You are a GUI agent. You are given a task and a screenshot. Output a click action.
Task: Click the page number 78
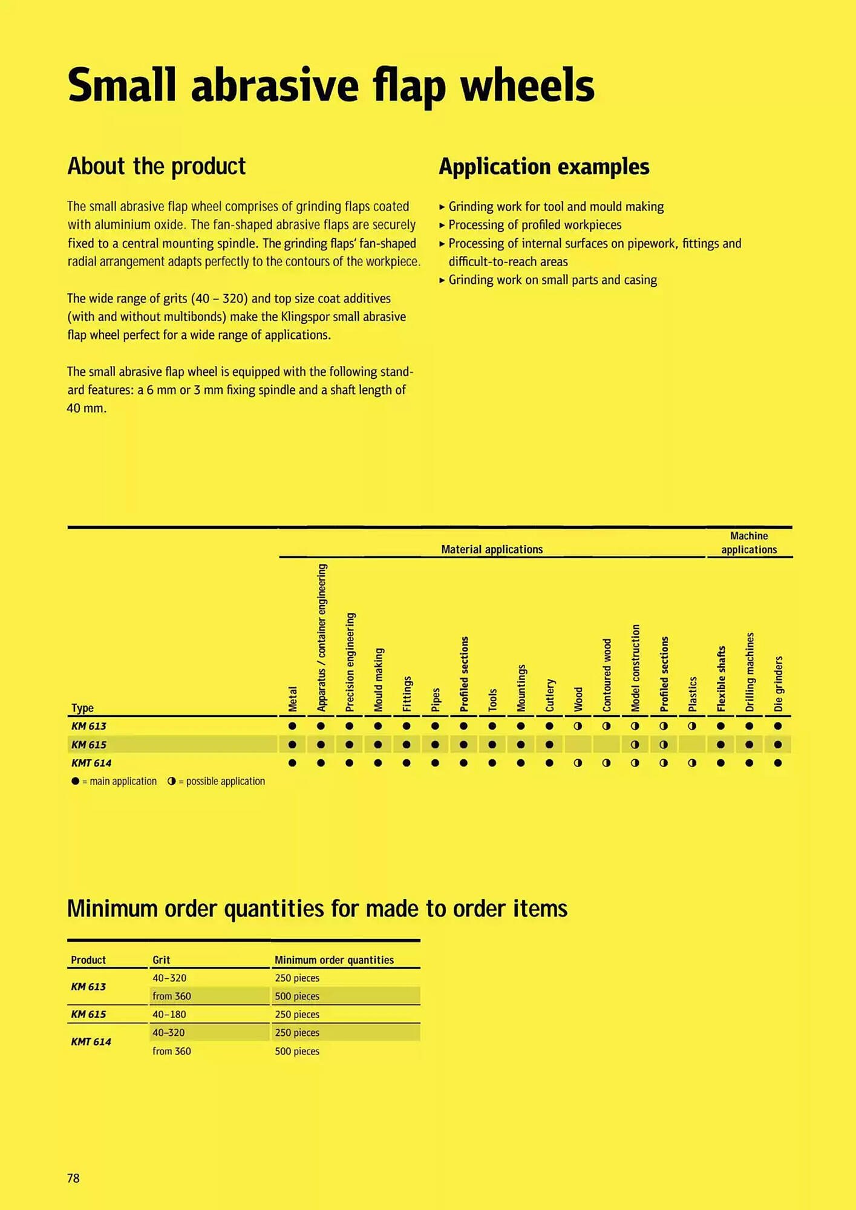pos(73,1178)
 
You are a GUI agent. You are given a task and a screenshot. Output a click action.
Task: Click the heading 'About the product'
pos(156,166)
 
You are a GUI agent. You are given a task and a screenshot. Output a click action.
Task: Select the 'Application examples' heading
pos(544,167)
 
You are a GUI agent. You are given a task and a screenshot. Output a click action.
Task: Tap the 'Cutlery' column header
pos(549,695)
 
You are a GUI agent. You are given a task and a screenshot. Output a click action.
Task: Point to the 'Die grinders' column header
pos(778,684)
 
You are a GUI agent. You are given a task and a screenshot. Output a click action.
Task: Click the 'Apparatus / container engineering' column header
pos(321,637)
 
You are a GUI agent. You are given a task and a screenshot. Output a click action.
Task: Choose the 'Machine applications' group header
pos(749,543)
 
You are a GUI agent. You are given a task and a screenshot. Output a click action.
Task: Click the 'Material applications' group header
pos(492,549)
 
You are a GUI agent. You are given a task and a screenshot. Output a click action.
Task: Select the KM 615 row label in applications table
pos(89,745)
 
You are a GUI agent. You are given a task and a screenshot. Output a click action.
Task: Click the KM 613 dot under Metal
pos(292,726)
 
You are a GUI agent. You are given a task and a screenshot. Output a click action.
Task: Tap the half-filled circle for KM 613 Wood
pos(578,726)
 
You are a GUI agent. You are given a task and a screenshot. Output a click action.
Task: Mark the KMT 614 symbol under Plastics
pos(692,763)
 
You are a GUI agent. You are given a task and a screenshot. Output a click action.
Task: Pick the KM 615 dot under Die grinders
pos(778,745)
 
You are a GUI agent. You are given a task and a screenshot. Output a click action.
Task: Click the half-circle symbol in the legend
pos(172,781)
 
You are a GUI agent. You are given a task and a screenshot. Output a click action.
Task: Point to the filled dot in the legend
pos(75,781)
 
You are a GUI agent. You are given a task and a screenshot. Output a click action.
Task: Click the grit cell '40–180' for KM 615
pos(169,1015)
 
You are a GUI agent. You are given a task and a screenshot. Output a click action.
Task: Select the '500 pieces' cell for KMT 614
pos(297,1051)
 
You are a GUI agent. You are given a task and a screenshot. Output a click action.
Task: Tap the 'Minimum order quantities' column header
pos(334,960)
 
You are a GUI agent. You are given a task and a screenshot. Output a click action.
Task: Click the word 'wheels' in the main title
pos(528,85)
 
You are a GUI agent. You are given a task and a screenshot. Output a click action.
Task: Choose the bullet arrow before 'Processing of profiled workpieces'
pos(442,225)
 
